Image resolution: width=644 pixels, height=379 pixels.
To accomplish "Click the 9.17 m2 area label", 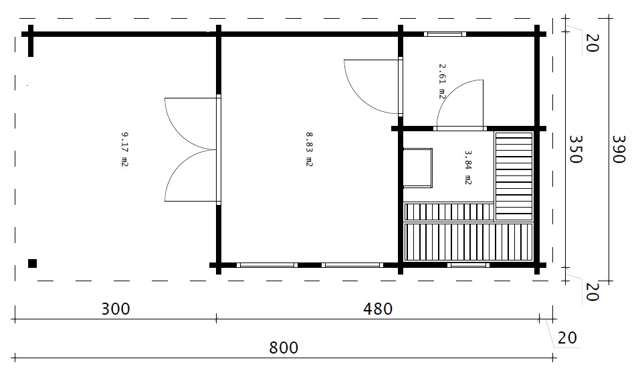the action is (124, 149).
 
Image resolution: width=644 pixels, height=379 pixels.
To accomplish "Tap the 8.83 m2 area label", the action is (309, 149).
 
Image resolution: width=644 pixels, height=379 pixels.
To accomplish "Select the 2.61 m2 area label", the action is (442, 81).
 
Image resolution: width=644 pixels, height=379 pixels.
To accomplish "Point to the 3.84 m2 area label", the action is (468, 167).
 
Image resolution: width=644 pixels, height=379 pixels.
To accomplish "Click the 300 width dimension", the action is (116, 309).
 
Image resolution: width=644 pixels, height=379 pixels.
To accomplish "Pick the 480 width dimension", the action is (378, 309).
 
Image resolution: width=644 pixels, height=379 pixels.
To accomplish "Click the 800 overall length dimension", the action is (284, 348).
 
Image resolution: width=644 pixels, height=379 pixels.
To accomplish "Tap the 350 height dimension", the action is (575, 149).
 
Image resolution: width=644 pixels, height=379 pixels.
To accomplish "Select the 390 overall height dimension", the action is (618, 149).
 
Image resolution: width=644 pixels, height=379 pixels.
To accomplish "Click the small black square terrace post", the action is (33, 263).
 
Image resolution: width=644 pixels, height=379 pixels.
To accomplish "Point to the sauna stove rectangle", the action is (418, 168).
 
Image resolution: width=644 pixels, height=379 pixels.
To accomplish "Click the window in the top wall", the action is (445, 34).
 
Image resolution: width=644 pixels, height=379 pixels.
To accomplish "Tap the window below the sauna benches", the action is (468, 265).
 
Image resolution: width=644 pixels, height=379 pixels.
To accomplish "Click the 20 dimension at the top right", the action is (591, 43).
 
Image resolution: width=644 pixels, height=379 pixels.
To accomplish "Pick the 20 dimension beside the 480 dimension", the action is (567, 338).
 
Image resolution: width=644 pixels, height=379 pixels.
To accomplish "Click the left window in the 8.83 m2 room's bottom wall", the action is (267, 265).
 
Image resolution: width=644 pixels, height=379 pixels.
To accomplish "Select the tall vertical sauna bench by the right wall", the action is (514, 176).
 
